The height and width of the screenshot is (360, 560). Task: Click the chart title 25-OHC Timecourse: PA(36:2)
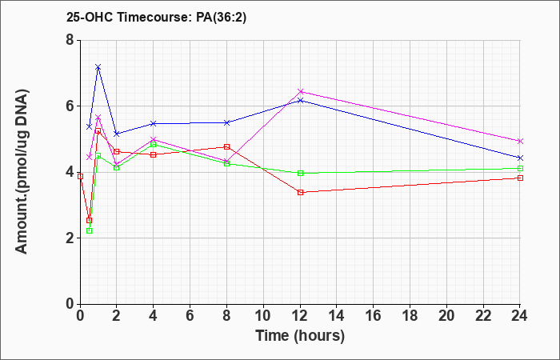pos(157,17)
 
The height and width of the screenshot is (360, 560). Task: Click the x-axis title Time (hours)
pos(300,336)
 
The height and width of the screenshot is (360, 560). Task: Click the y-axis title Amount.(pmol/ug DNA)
pos(22,172)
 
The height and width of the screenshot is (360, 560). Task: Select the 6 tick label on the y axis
pos(70,106)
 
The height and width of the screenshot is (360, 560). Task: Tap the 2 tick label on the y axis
pos(70,238)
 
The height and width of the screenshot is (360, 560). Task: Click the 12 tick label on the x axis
pos(300,316)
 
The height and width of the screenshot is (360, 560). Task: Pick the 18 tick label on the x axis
pos(410,316)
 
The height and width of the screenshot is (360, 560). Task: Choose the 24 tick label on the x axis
pos(519,316)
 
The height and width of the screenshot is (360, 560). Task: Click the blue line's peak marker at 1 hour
pos(98,67)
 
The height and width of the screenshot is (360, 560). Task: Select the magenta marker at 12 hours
pos(300,91)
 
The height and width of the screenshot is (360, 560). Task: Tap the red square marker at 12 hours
pos(300,193)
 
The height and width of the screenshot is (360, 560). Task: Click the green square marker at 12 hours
pos(300,174)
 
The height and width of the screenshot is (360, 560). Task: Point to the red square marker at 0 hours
pos(80,177)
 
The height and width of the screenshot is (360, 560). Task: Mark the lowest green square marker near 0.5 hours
pos(90,230)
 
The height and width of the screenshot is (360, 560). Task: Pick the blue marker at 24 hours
pos(520,158)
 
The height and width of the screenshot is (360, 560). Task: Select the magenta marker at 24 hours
pos(520,141)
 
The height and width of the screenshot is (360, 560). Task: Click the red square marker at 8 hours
pos(226,146)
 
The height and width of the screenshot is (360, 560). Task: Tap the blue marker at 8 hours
pos(226,122)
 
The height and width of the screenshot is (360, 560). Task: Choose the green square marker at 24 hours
pos(520,168)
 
